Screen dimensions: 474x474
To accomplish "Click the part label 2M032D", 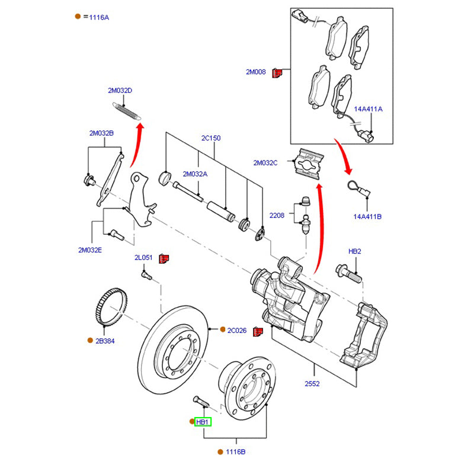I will [120, 91].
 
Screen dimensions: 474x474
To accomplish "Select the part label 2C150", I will [210, 138].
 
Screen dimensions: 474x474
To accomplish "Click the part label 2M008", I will [256, 72].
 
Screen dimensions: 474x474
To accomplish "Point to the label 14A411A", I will [369, 110].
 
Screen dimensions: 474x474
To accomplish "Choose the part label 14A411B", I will [367, 217].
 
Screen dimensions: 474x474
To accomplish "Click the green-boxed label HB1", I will [203, 422].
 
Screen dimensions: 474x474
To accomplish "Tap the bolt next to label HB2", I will [350, 273].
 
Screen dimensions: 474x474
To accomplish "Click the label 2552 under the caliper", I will [312, 384].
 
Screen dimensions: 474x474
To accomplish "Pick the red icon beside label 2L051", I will [165, 258].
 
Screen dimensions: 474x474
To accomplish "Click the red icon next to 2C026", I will [258, 331].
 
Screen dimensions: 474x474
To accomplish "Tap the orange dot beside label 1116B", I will [220, 452].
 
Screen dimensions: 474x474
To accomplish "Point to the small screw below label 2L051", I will [145, 275].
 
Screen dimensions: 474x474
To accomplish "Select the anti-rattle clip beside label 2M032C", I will [309, 162].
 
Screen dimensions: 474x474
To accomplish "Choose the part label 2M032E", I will [90, 250].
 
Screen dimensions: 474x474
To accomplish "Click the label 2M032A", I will [195, 174].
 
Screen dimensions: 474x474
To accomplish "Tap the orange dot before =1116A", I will [78, 17].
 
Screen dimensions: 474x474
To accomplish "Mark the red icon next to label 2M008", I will [276, 73].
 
